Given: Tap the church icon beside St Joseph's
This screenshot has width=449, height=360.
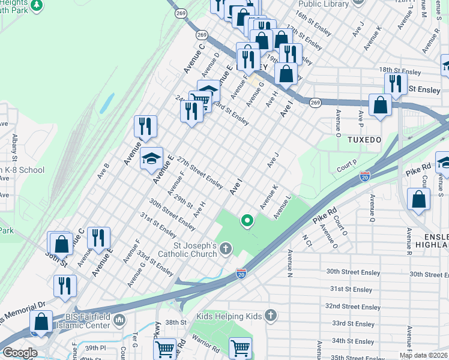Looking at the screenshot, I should tap(226, 248).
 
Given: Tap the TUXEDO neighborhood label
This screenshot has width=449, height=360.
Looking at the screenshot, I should tap(364, 139).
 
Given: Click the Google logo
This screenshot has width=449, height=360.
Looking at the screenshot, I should tap(19, 353).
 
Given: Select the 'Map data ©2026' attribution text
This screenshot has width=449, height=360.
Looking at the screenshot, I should tap(423, 355).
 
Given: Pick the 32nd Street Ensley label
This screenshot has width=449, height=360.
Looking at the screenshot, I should tap(353, 307).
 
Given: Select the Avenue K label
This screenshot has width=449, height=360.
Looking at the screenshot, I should tap(269, 197).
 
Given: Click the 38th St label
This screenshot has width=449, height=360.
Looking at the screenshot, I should tap(176, 322).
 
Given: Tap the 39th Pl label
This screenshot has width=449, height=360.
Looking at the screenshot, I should tap(95, 348).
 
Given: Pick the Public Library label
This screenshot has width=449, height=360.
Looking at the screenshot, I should tap(324, 4).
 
